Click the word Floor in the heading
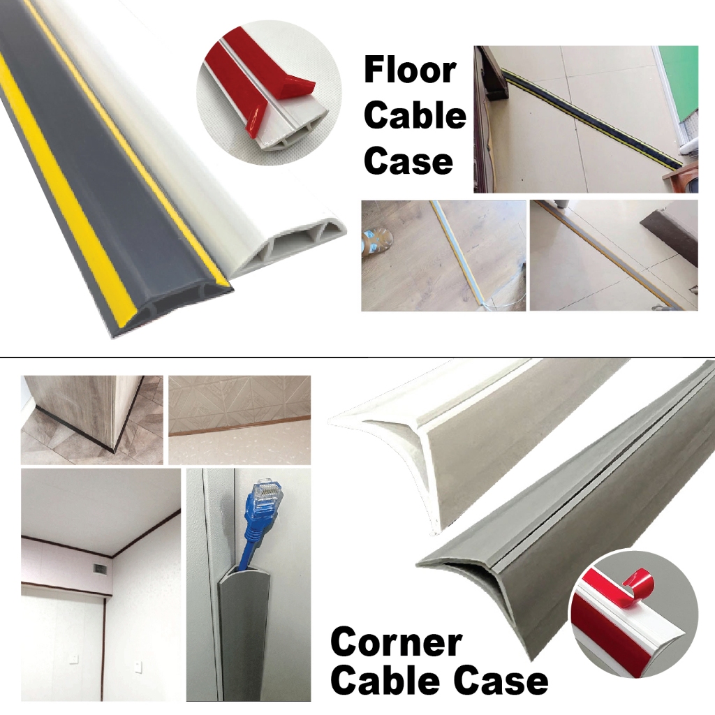tap(410, 71)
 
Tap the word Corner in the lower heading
tap(397, 642)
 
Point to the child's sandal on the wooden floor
tap(376, 237)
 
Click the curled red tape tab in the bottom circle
tap(637, 580)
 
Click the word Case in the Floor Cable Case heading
tap(408, 161)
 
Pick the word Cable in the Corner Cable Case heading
tap(386, 679)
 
